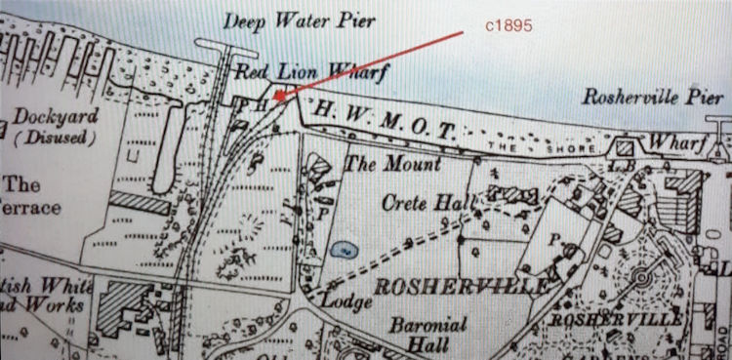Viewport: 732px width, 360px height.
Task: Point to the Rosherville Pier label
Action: (653, 98)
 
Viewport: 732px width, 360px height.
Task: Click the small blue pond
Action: (343, 250)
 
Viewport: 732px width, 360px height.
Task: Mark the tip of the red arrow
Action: (275, 98)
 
